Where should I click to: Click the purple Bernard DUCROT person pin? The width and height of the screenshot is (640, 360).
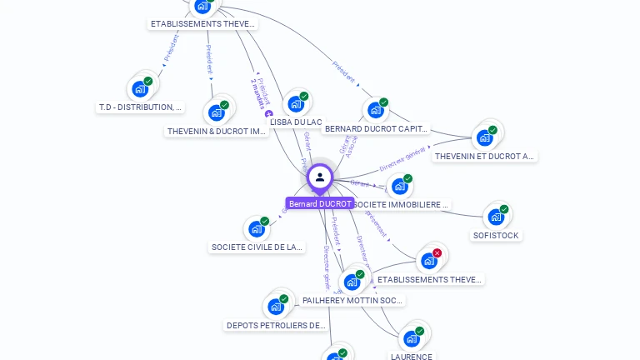coord(320,177)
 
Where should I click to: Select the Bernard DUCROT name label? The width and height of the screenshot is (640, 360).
coord(321,204)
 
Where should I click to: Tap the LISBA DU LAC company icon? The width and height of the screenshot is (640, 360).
coord(294,104)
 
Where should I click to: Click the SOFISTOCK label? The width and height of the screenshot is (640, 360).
coord(496,236)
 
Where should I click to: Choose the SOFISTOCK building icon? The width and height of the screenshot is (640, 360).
coord(496,217)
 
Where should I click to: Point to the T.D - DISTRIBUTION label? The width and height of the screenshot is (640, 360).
coord(140,107)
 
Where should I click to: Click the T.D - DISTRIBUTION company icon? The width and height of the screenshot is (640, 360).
coord(139,88)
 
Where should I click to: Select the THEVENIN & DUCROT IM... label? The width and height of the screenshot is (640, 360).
coord(217,132)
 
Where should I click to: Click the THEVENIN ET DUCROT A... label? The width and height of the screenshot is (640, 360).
coord(485,156)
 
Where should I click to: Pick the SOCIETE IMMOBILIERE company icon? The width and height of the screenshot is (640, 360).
coord(398,187)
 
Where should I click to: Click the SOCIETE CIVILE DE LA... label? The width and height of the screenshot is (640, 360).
coord(257,247)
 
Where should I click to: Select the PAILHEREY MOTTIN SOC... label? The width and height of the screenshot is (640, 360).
coord(353,300)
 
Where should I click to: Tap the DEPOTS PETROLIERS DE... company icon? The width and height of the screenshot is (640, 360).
coord(275,307)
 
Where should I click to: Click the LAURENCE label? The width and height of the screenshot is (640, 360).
coord(412,357)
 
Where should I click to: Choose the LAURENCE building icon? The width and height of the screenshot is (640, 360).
coord(411,338)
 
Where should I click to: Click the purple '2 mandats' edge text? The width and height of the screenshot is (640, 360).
coord(261,94)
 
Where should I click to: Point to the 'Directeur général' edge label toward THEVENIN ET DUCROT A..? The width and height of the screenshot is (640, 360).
coord(402,158)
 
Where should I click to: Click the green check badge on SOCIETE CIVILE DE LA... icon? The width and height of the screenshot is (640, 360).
coord(265,222)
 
